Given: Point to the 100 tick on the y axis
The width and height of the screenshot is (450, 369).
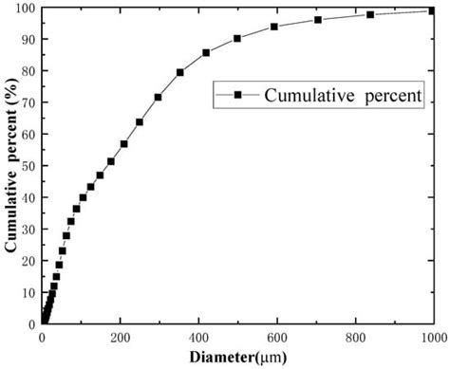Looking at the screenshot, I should pyautogui.click(x=24, y=9).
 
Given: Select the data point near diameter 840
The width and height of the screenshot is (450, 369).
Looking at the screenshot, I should pyautogui.click(x=370, y=14).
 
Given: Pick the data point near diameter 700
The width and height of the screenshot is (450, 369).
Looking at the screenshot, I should pyautogui.click(x=318, y=20).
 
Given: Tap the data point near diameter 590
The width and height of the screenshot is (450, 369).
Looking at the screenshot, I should pyautogui.click(x=274, y=27).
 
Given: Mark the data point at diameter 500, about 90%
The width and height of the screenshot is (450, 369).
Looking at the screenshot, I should pyautogui.click(x=237, y=39).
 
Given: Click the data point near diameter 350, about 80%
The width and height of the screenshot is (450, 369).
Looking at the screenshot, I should pyautogui.click(x=180, y=72).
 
